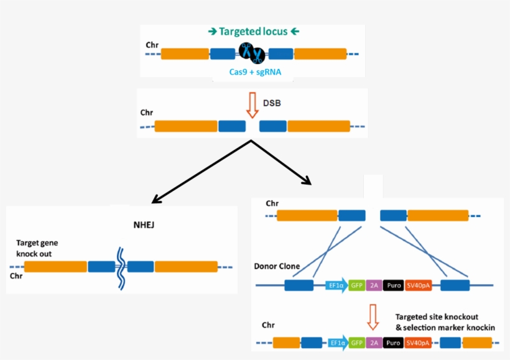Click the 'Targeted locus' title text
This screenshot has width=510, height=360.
tap(254, 31)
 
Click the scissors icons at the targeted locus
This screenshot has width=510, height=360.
tap(252, 53)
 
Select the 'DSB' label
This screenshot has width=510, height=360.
tap(272, 103)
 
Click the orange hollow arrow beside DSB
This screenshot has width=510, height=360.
tap(252, 105)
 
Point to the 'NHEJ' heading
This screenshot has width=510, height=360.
tap(144, 224)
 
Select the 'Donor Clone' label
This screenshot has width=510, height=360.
tap(277, 266)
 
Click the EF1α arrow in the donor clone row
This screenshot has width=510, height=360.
tap(336, 286)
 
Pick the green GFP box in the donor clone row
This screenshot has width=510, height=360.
tap(356, 286)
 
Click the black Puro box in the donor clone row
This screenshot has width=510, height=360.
tap(393, 286)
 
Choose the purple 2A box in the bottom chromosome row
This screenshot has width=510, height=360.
tap(374, 343)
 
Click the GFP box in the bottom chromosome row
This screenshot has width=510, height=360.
tap(356, 343)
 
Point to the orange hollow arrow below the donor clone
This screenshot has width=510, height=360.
tap(373, 316)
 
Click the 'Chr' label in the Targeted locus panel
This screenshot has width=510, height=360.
tap(152, 45)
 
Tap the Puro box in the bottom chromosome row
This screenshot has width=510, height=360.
tap(393, 343)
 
